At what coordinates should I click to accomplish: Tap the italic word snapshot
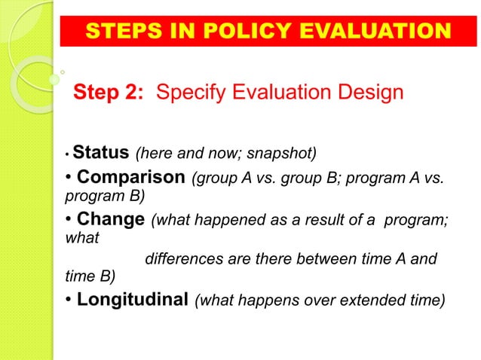pos(284,155)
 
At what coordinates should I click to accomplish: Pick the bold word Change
pos(110,220)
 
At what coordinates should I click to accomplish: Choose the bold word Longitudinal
pos(133,299)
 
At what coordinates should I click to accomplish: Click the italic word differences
pos(179,260)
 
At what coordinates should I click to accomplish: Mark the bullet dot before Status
pos(67,157)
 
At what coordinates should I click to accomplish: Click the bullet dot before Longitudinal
pos(68,300)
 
